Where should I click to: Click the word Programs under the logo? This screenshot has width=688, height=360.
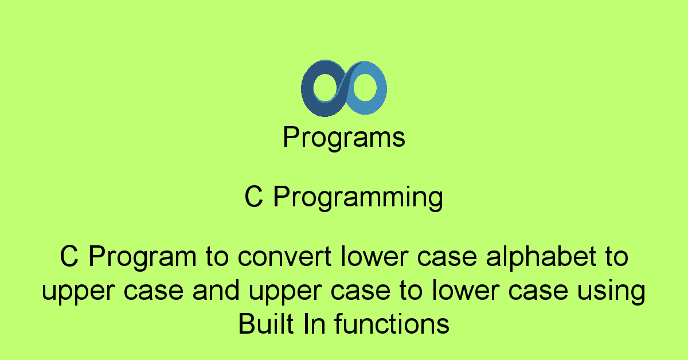[344, 138]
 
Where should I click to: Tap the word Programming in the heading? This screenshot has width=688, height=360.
[358, 197]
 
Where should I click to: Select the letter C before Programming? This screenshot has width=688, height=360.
[253, 196]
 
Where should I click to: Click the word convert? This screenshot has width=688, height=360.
[284, 256]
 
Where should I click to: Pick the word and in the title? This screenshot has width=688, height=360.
[216, 290]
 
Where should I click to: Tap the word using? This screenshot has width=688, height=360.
[612, 291]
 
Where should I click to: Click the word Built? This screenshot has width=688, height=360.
[265, 323]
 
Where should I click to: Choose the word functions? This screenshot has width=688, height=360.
[392, 323]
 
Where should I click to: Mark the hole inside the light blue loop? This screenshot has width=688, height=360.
[365, 87]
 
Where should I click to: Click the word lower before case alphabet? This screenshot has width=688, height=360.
[374, 256]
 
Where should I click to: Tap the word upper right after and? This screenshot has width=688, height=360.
[285, 291]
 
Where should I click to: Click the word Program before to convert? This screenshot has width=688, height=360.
[143, 257]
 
